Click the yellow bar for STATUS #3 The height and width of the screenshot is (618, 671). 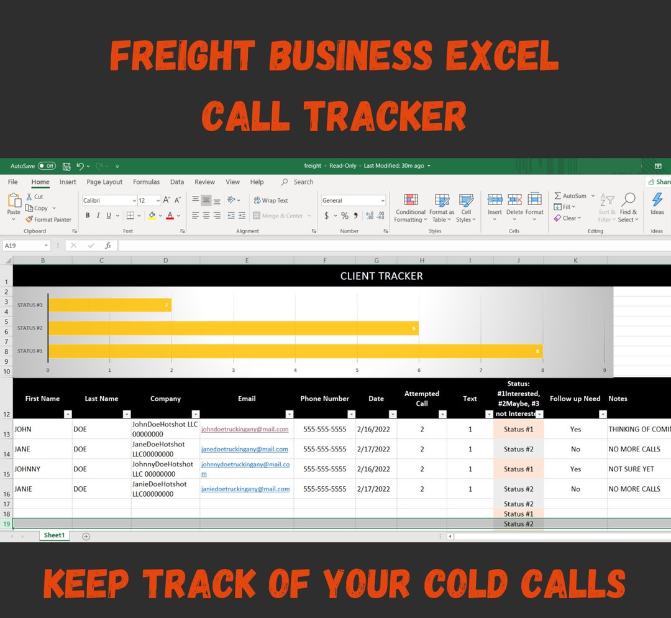[x=109, y=305]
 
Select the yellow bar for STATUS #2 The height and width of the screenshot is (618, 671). [x=233, y=328]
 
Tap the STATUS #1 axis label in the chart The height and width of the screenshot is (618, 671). [x=30, y=351]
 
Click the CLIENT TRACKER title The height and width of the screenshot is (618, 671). [x=381, y=276]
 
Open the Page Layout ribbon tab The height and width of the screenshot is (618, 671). [x=104, y=182]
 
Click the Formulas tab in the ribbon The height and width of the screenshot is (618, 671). [x=146, y=182]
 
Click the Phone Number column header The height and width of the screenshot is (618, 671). [x=324, y=399]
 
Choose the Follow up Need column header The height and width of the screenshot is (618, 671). [x=575, y=399]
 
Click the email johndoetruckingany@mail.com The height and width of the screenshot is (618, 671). [x=244, y=429]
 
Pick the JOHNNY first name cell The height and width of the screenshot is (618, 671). [x=27, y=469]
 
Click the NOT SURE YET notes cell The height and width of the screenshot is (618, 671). [x=631, y=469]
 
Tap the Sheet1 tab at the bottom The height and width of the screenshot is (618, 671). [x=54, y=535]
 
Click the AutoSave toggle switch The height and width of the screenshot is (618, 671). [x=47, y=166]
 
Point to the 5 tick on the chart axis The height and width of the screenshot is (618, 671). [x=357, y=371]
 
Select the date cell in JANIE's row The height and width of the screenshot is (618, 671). [x=373, y=489]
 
